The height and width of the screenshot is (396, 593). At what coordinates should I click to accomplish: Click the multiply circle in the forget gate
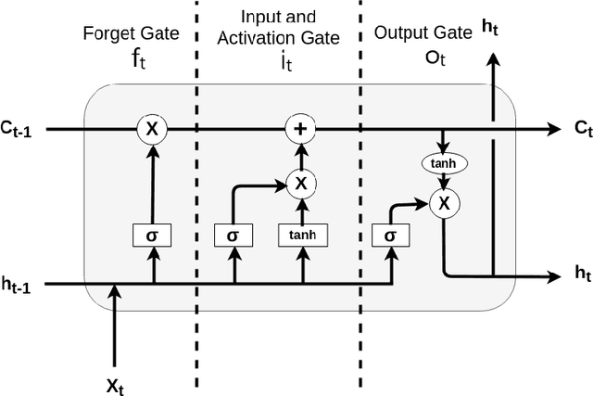pos(152,129)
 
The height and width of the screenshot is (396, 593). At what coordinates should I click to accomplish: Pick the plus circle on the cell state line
pos(299,129)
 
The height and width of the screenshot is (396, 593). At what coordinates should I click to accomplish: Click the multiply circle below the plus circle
pos(299,183)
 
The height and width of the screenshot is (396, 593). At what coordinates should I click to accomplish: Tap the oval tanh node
pos(444,164)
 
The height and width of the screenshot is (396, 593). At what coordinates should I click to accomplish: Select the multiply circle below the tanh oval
pos(444,202)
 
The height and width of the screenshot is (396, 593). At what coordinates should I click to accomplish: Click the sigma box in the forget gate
pos(154,236)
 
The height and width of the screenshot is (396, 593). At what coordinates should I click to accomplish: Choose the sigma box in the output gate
pos(389,236)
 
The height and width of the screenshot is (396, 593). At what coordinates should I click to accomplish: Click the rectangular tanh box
pos(301,236)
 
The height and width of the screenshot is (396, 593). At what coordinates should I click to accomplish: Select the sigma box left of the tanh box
pos(232,236)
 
